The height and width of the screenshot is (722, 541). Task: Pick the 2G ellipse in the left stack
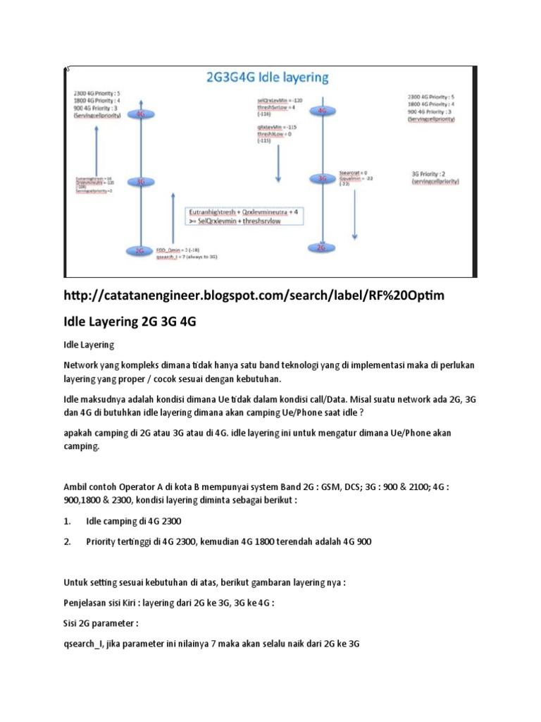click(x=140, y=250)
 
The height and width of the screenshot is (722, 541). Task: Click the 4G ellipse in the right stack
click(x=322, y=111)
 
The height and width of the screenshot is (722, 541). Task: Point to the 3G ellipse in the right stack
click(x=322, y=178)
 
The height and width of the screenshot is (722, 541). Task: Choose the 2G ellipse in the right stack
click(x=321, y=247)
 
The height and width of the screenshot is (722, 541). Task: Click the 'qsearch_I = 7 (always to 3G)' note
click(x=186, y=258)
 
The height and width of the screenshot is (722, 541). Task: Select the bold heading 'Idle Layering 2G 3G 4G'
click(x=130, y=322)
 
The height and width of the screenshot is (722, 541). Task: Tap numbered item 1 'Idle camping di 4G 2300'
click(x=133, y=522)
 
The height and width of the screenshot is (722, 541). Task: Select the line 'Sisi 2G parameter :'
click(x=101, y=624)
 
